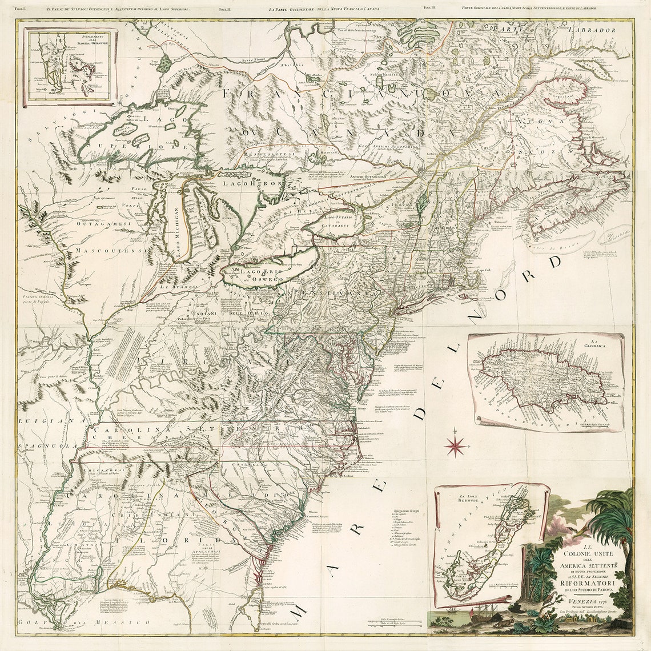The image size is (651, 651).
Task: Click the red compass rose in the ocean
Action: pyautogui.click(x=455, y=445)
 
